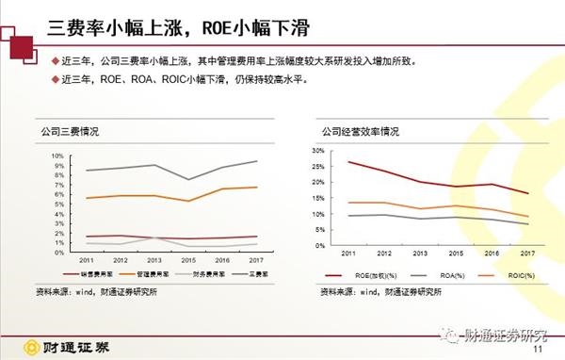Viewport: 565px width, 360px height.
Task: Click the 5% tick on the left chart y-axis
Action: pos(58,201)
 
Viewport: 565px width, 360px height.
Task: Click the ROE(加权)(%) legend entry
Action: pos(370,276)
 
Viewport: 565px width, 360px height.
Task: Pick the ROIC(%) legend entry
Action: pos(508,276)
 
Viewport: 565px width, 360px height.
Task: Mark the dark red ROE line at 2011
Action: pos(348,162)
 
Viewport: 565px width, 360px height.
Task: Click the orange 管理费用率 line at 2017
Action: pos(256,188)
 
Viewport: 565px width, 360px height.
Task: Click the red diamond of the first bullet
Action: pos(55,61)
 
